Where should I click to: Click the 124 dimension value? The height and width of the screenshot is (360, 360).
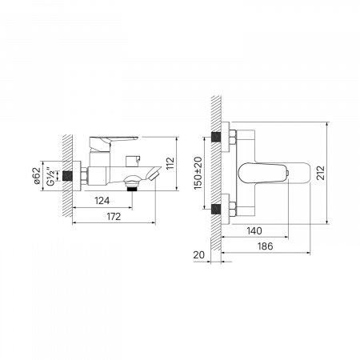pos(102,201)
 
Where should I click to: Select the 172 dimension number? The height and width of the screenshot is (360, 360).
pos(114,217)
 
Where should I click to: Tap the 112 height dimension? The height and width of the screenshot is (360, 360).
pos(170,163)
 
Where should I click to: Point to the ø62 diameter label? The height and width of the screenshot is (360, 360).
pos(37,176)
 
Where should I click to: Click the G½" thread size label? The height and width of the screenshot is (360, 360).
pos(50,176)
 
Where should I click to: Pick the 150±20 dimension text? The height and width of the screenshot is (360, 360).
pos(198,173)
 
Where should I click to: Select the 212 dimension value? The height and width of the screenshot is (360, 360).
pos(321,173)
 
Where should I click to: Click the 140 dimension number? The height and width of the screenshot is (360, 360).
pos(254,231)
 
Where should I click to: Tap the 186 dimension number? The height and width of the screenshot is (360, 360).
pos(266,246)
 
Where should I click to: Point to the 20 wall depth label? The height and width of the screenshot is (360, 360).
pos(199,255)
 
